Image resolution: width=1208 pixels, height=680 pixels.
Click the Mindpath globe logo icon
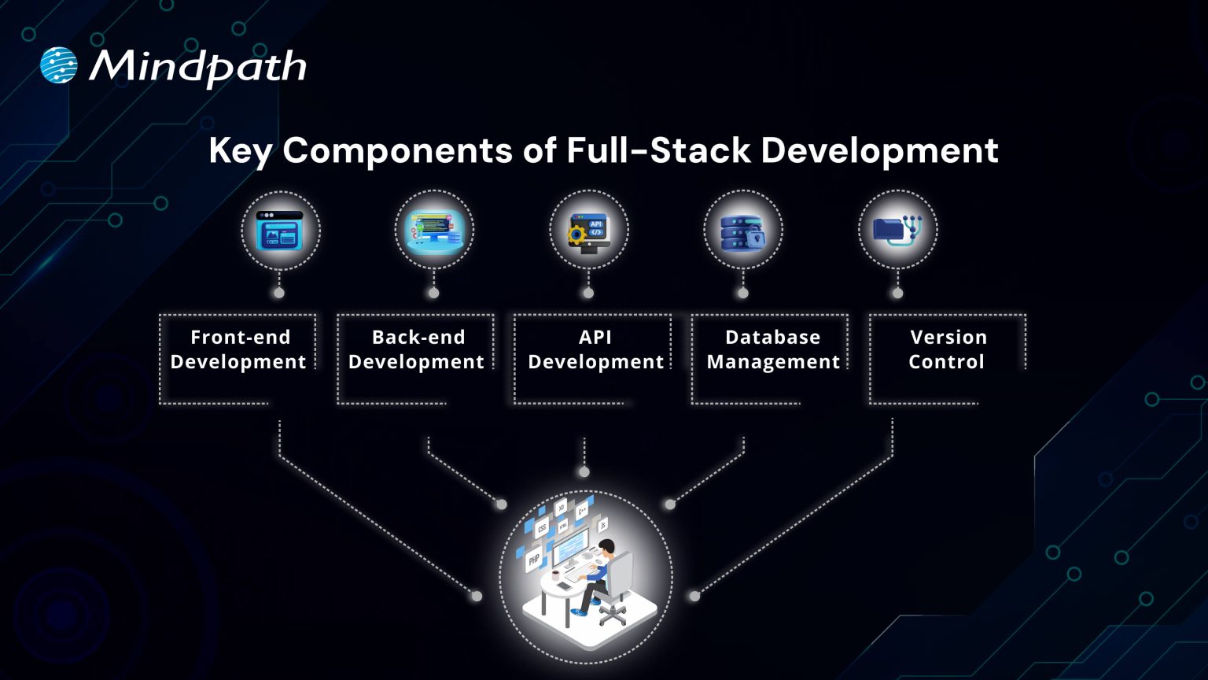(59, 65)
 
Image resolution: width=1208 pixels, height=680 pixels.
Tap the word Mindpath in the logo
(197, 67)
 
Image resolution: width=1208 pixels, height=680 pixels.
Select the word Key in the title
(240, 150)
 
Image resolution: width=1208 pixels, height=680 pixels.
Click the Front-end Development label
(238, 349)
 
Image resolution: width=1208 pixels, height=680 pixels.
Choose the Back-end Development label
(416, 349)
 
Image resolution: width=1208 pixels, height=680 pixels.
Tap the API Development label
(595, 349)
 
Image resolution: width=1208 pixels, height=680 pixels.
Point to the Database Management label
(773, 349)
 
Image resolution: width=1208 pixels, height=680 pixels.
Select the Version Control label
(947, 349)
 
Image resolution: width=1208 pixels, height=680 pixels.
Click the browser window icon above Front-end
(280, 230)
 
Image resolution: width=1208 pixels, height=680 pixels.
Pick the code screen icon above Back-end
(434, 230)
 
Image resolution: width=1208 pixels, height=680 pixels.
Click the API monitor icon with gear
(588, 231)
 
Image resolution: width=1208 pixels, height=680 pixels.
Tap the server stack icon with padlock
(742, 231)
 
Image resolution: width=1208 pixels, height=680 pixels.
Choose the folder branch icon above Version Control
(897, 230)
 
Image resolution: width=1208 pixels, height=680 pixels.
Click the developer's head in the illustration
(606, 547)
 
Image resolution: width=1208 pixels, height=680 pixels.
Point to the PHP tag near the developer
(534, 560)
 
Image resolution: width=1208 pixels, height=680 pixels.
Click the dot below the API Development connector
(584, 472)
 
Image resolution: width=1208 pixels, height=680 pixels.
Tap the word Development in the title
(879, 150)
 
